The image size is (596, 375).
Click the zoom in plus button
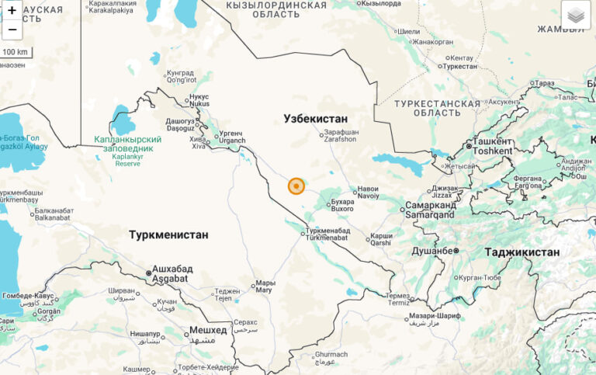(x=12, y=11)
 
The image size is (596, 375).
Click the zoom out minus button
(x=12, y=30)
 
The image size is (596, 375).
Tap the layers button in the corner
(x=575, y=16)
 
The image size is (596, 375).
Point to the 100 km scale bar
(x=16, y=52)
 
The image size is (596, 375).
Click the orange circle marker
(x=296, y=186)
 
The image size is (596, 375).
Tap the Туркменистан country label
(x=168, y=234)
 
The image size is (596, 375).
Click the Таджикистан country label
(x=521, y=252)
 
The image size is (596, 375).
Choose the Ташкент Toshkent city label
(x=492, y=146)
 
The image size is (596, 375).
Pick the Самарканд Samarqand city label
(x=429, y=210)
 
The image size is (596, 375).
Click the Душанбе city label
(x=431, y=251)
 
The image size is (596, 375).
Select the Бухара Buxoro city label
(x=342, y=205)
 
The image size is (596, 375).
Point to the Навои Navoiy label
(x=368, y=192)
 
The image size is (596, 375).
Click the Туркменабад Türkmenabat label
(x=327, y=234)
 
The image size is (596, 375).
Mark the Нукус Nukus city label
(x=199, y=100)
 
